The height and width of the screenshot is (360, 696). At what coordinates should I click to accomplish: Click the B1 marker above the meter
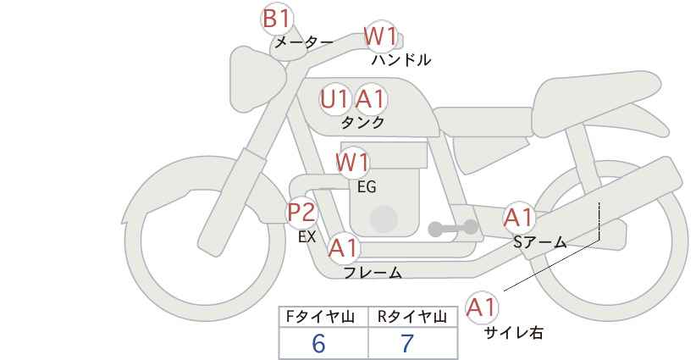click(x=277, y=19)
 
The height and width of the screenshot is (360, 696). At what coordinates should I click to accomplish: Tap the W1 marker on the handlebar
click(x=380, y=36)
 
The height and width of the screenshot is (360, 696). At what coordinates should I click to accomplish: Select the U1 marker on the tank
click(x=335, y=99)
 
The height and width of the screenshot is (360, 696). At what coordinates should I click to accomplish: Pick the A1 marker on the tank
click(x=371, y=99)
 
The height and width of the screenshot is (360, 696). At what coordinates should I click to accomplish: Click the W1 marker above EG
click(x=352, y=163)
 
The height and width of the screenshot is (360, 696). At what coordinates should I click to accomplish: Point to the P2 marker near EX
click(x=302, y=212)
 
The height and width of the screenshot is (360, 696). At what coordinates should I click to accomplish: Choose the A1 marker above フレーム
click(x=344, y=247)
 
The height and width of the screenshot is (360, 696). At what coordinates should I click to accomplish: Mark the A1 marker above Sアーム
click(x=518, y=218)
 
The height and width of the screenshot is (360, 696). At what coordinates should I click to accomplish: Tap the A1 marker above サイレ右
click(x=482, y=307)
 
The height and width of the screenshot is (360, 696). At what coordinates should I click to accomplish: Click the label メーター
click(x=304, y=42)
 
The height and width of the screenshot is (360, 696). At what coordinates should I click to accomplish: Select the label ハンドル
click(x=400, y=59)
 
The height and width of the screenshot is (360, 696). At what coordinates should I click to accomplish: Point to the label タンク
click(x=362, y=122)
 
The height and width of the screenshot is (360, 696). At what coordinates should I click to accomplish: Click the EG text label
click(x=367, y=187)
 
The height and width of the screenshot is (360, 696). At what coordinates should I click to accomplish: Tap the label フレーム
click(x=373, y=273)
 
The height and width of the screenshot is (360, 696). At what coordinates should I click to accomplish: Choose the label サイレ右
click(x=514, y=333)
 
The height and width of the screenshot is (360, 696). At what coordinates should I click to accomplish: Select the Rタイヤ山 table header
click(x=412, y=317)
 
